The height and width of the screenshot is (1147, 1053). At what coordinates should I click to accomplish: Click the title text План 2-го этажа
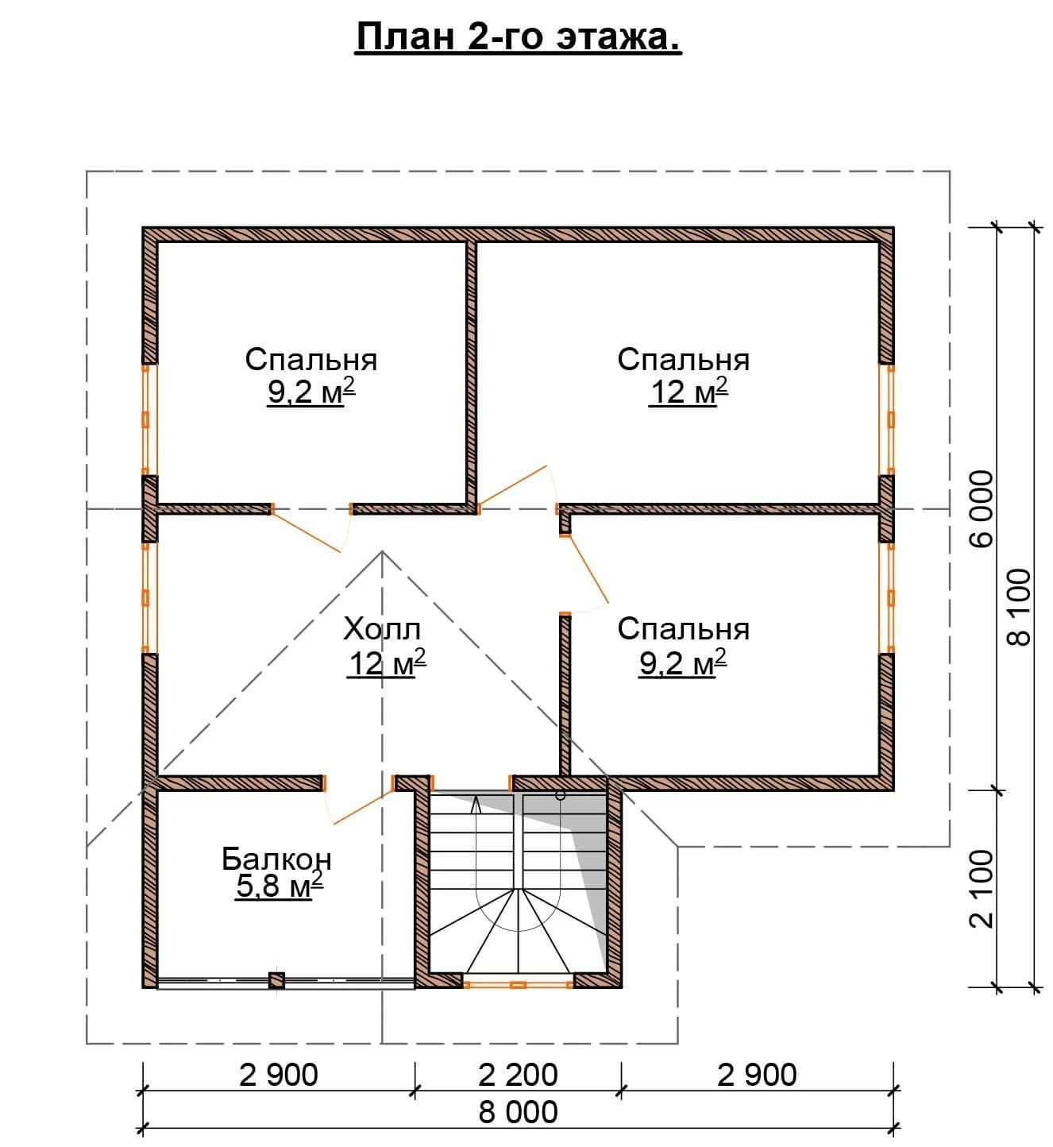pyautogui.click(x=519, y=38)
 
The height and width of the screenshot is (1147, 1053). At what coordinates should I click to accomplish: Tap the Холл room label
pyautogui.click(x=382, y=629)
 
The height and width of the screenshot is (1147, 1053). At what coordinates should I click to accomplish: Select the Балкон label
pyautogui.click(x=276, y=859)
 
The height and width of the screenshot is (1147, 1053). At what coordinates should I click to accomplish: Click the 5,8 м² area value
pyautogui.click(x=280, y=886)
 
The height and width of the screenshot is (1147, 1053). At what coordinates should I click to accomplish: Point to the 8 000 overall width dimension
pyautogui.click(x=518, y=1113)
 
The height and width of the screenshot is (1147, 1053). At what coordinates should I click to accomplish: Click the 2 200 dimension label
pyautogui.click(x=518, y=1076)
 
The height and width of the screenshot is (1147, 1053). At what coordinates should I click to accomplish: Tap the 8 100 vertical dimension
pyautogui.click(x=1020, y=607)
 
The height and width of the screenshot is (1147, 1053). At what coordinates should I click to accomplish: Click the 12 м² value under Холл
pyautogui.click(x=387, y=663)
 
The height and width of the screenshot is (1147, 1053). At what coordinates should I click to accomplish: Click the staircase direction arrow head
pyautogui.click(x=476, y=803)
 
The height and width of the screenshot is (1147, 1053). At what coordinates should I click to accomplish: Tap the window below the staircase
pyautogui.click(x=518, y=985)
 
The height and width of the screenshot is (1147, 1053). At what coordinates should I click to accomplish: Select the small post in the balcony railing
pyautogui.click(x=276, y=981)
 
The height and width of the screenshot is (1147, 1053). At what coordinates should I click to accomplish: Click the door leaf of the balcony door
pyautogui.click(x=364, y=807)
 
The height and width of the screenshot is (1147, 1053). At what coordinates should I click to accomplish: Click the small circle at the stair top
pyautogui.click(x=560, y=795)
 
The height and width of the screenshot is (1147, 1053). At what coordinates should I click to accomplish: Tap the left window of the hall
pyautogui.click(x=145, y=598)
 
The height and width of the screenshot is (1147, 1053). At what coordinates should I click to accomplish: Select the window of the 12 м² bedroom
pyautogui.click(x=891, y=419)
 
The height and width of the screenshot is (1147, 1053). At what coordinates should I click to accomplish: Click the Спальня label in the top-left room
pyautogui.click(x=311, y=360)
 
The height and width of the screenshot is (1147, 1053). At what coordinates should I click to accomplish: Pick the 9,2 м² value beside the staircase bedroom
pyautogui.click(x=683, y=663)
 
